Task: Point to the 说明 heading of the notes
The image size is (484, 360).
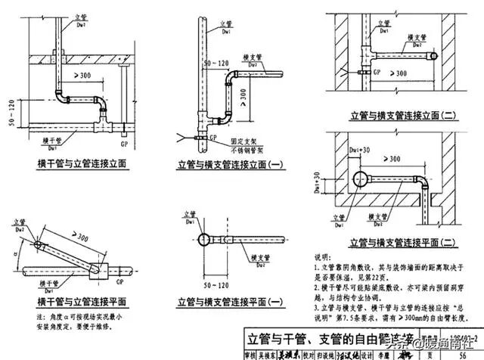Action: click(x=322, y=258)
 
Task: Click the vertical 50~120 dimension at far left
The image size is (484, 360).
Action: click(x=10, y=112)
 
